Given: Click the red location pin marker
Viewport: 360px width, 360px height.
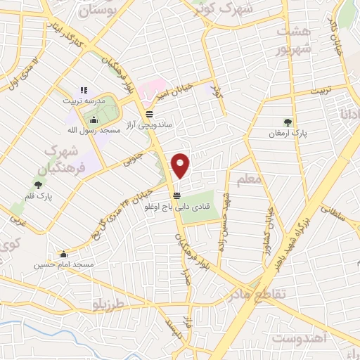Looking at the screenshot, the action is click(x=181, y=166).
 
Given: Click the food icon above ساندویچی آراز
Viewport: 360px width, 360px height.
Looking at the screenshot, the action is click(x=149, y=114).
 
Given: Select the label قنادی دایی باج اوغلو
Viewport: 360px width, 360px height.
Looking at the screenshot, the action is click(x=175, y=205).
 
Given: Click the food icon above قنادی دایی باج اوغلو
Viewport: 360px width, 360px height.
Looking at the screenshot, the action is click(x=176, y=195).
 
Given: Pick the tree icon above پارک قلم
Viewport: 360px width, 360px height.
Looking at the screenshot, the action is click(x=37, y=185).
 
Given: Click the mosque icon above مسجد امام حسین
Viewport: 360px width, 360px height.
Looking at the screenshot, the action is click(x=65, y=255).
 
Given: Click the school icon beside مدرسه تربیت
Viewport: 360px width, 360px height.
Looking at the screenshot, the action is click(x=84, y=90).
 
